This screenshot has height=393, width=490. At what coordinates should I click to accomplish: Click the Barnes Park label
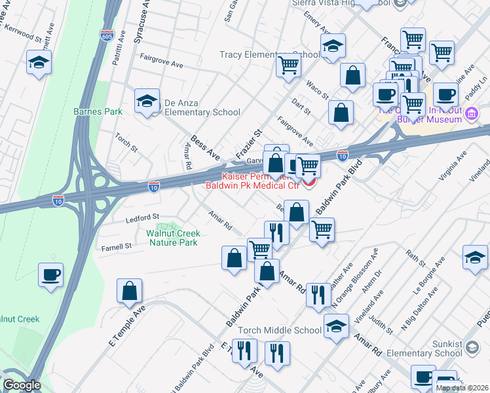pos(98,111)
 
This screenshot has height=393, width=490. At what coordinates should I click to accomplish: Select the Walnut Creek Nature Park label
pos(172,238)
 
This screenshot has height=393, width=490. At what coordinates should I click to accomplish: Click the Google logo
pos(22,385)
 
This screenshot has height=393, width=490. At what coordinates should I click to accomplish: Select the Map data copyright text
pos(462,388)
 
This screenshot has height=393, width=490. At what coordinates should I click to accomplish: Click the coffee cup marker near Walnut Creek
pos(50,274)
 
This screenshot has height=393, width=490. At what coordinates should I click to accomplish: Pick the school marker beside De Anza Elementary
pos(147,101)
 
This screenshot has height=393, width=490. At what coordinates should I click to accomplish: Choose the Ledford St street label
pos(143,217)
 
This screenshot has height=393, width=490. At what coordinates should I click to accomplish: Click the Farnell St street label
pos(116,246)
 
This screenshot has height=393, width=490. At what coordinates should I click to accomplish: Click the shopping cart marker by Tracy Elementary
pos(288,66)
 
